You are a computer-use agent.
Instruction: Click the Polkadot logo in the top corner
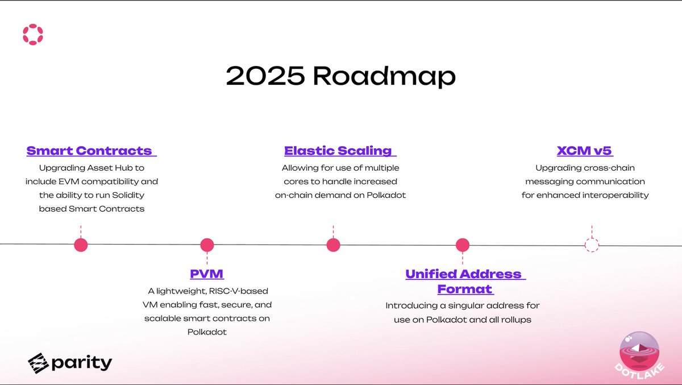point(33,34)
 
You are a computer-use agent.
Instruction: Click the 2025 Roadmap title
point(341,76)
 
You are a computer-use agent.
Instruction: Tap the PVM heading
point(207,274)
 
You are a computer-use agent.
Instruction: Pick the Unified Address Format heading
point(464,281)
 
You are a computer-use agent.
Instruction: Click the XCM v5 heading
point(585,151)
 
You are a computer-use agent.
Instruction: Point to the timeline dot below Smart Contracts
point(81,245)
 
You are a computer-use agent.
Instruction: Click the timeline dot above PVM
point(207,245)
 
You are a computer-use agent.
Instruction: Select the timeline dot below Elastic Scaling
point(333,245)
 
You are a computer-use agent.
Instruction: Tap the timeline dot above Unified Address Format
point(463,245)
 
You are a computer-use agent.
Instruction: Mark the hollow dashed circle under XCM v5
point(592,245)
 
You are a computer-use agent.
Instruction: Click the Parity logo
point(70,362)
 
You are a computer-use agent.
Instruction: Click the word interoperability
point(616,195)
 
